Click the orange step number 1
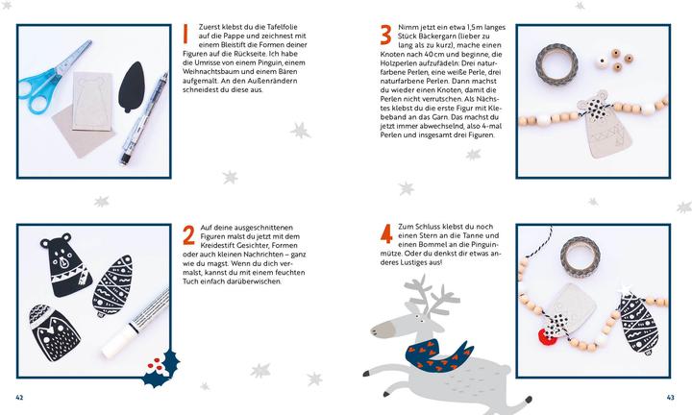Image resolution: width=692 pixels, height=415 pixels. (x=185, y=34)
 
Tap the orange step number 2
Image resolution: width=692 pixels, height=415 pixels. (x=188, y=235)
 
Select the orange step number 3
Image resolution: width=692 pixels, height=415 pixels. (x=385, y=35)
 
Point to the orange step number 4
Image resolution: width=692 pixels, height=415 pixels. (x=386, y=233)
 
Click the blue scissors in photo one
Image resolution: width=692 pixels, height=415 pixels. (x=51, y=80)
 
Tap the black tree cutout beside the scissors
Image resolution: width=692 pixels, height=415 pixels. (x=131, y=86)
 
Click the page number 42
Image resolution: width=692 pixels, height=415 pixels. (x=19, y=398)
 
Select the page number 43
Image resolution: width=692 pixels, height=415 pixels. (x=671, y=398)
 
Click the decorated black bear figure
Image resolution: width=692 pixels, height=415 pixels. (x=65, y=264)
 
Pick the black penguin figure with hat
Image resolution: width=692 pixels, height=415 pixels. (x=54, y=331)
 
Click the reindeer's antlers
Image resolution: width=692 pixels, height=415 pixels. (x=431, y=296)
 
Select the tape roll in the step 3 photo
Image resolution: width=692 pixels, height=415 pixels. (x=556, y=64)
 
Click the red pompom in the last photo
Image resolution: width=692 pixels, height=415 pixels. (x=547, y=337)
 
